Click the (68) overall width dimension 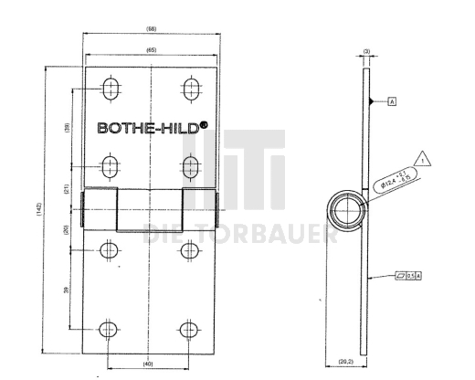(150, 29)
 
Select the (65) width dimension (150, 50)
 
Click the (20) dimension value (68, 230)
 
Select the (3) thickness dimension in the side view (365, 51)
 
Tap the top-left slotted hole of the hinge (110, 89)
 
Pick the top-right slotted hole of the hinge (192, 89)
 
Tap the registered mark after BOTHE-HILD (205, 125)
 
